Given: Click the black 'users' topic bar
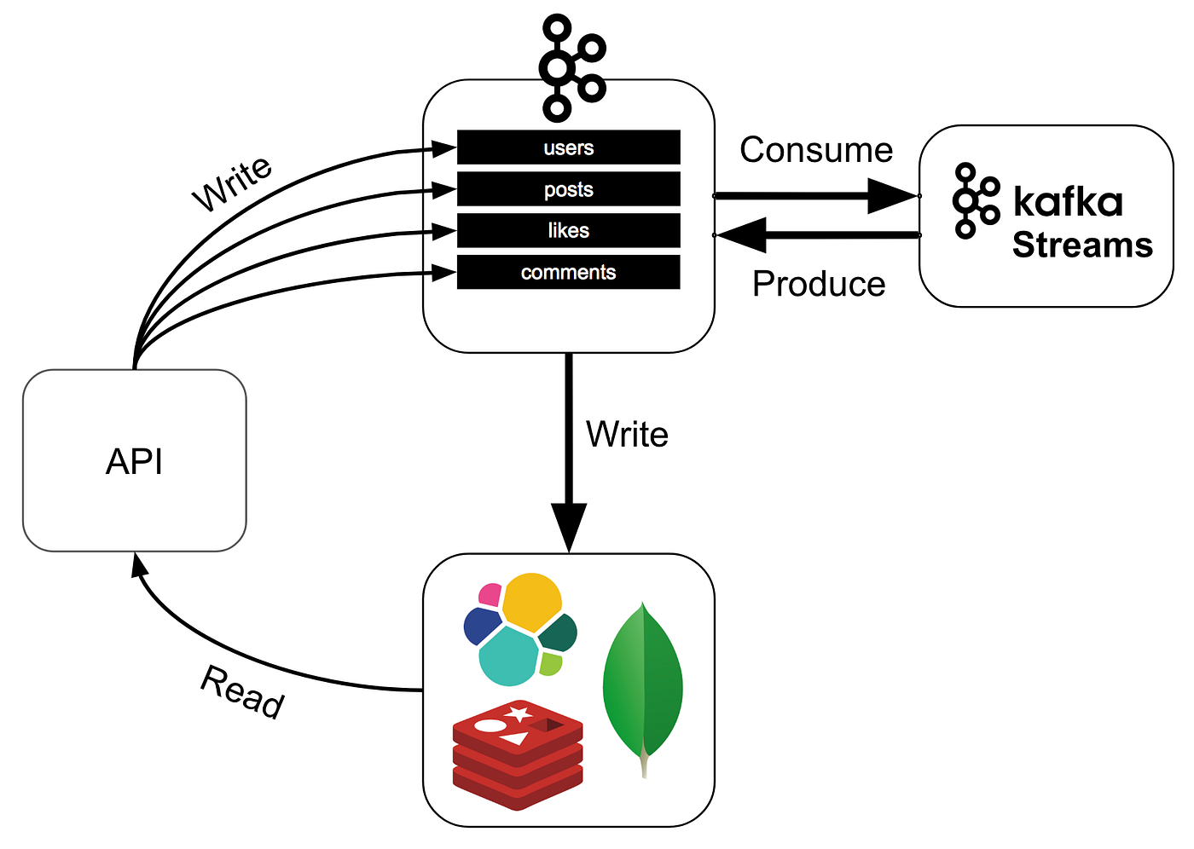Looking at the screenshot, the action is tap(569, 147).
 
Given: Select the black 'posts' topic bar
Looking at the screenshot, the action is tap(569, 188).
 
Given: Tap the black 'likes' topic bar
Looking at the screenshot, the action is tap(569, 230).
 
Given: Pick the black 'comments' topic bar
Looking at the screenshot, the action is tap(569, 272).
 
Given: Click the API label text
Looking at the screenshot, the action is tap(134, 461).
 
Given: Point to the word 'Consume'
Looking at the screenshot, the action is tap(816, 150).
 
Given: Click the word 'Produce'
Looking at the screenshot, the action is tap(819, 283).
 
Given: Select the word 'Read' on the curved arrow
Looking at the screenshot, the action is tap(242, 692).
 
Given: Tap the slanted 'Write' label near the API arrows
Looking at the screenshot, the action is tap(232, 184).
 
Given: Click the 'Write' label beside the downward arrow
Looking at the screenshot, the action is tap(627, 434).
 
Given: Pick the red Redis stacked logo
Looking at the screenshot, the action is tap(518, 754).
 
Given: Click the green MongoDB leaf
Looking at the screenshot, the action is tap(643, 690).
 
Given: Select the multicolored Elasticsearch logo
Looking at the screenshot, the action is tap(520, 630).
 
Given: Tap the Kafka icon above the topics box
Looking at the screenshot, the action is tap(571, 67).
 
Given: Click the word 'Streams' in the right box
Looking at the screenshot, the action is tap(1082, 245).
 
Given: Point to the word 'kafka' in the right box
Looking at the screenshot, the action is tap(1068, 201).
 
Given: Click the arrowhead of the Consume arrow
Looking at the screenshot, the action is tap(893, 196).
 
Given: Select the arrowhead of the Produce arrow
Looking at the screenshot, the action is tap(740, 235).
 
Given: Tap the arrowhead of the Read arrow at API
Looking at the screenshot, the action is tap(138, 564).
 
